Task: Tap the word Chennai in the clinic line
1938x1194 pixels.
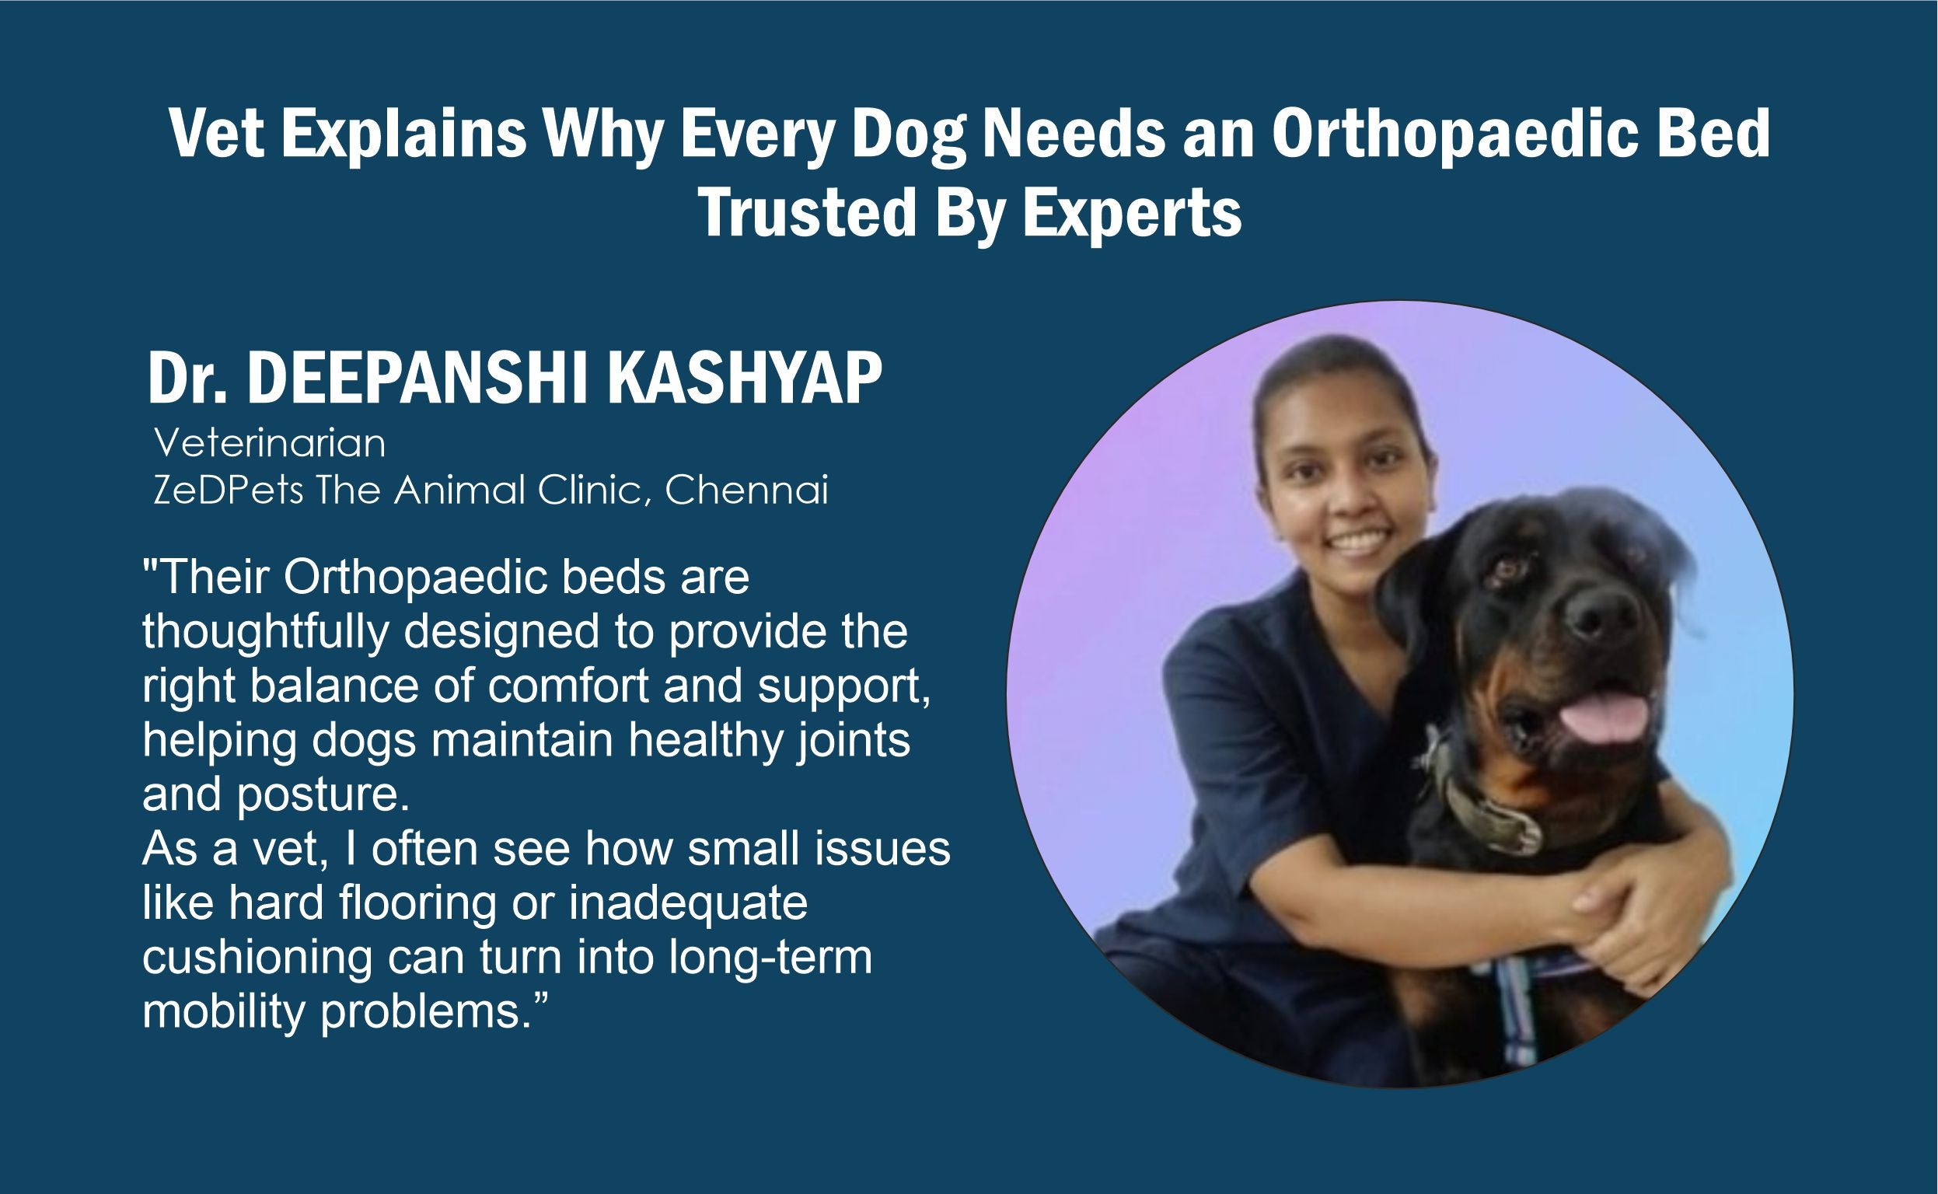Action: pyautogui.click(x=746, y=491)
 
